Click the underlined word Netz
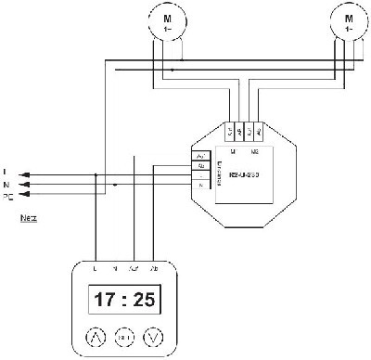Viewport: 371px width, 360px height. [27, 220]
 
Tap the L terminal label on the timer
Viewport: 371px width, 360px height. [96, 267]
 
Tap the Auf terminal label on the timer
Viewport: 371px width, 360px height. [137, 267]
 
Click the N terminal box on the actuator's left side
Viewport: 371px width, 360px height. [199, 186]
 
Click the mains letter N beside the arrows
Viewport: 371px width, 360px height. [6, 185]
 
